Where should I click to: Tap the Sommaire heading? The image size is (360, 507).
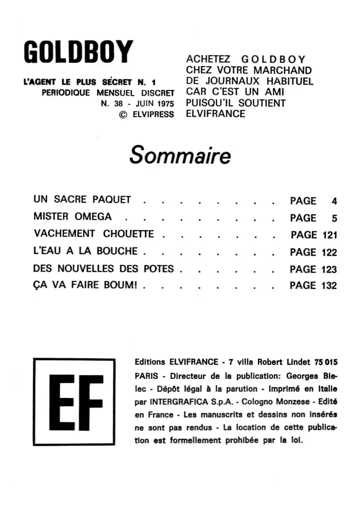tap(180, 155)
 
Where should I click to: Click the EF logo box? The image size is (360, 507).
tap(74, 402)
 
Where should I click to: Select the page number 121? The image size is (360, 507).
tap(330, 235)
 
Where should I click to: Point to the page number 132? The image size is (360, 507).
tap(329, 286)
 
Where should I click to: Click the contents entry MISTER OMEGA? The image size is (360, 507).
tap(72, 217)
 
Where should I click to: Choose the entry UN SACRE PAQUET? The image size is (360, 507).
tap(82, 199)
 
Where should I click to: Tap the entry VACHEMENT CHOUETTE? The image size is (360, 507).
tap(94, 234)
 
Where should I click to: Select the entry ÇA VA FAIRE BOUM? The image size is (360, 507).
tap(85, 285)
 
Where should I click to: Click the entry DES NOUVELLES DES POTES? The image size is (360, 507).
tap(103, 269)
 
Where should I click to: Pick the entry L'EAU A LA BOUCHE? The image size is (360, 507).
tap(85, 251)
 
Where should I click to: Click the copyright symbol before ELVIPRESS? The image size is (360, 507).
tap(123, 115)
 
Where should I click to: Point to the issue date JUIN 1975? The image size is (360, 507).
tap(155, 104)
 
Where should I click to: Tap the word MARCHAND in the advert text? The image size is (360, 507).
tap(282, 70)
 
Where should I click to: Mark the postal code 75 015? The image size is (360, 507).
tap(326, 362)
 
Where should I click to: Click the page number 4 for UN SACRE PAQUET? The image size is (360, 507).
tap(334, 201)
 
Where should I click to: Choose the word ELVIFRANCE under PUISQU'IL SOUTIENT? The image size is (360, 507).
tap(216, 114)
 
